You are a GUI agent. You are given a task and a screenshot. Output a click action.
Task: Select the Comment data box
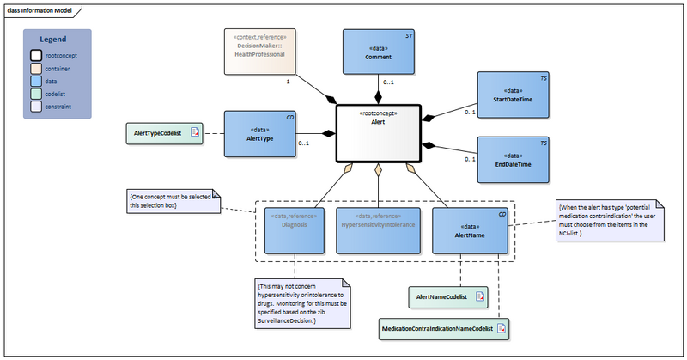click(378, 53)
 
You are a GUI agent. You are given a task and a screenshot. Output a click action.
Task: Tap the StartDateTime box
click(513, 97)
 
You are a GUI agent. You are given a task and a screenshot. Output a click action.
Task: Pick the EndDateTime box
click(513, 160)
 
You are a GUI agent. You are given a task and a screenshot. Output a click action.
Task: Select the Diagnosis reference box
click(295, 229)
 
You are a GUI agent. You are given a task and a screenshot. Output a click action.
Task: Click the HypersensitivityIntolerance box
click(378, 229)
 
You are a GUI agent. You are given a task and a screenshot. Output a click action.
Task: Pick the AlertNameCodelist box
click(447, 297)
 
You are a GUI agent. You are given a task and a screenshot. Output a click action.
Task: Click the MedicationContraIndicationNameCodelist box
click(443, 327)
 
